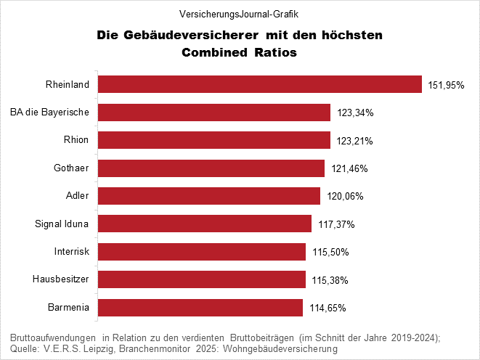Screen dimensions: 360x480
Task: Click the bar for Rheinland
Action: pyautogui.click(x=259, y=84)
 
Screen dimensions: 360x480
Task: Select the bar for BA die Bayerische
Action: pyautogui.click(x=214, y=112)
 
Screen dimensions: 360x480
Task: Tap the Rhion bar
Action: pyautogui.click(x=214, y=140)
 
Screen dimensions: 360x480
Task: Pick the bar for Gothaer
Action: pyautogui.click(x=211, y=168)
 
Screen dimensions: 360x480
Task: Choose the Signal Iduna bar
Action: pyautogui.click(x=205, y=224)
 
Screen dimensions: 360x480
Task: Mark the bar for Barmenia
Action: pyautogui.click(x=200, y=307)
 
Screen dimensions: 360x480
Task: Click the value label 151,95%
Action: pyautogui.click(x=446, y=85)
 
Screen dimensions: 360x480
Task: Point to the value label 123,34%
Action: pyautogui.click(x=355, y=113)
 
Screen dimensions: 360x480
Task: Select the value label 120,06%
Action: pyautogui.click(x=344, y=197)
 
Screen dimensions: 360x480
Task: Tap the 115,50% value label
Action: pyautogui.click(x=330, y=252)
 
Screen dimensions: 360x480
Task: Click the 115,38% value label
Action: pyautogui.click(x=330, y=280)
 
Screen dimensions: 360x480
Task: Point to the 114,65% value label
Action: pyautogui.click(x=327, y=308)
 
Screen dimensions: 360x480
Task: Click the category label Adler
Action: pyautogui.click(x=77, y=196)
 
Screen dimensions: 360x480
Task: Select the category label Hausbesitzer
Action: pyautogui.click(x=61, y=279)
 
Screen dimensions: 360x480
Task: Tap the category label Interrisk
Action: pyautogui.click(x=71, y=252)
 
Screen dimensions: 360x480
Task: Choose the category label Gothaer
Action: pyautogui.click(x=71, y=168)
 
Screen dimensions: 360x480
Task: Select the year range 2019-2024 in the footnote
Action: pyautogui.click(x=410, y=337)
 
